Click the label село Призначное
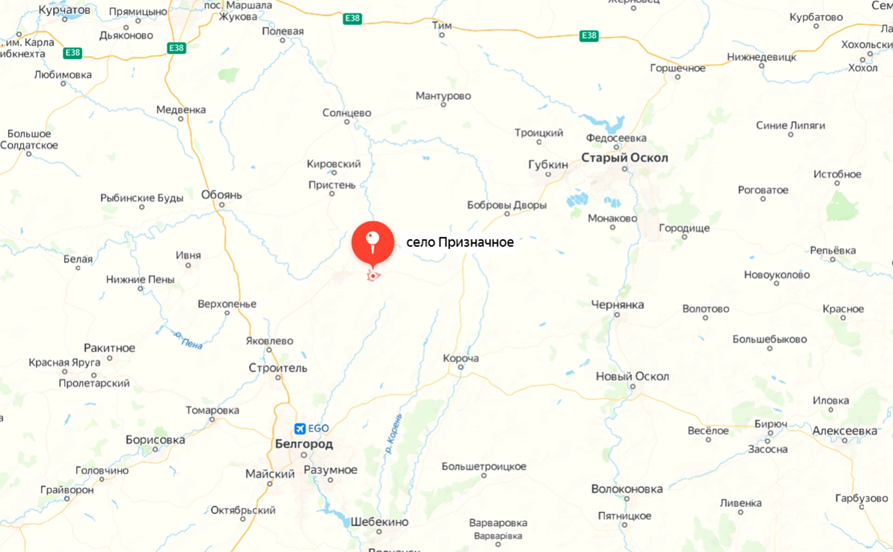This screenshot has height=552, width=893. [460, 242]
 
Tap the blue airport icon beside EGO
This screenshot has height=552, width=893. [300, 428]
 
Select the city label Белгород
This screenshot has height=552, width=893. [304, 444]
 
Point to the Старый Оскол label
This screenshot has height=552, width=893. [624, 158]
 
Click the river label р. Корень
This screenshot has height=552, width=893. [393, 434]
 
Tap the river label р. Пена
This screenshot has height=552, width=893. [188, 340]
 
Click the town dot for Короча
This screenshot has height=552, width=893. [460, 367]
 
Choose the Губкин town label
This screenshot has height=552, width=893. [548, 165]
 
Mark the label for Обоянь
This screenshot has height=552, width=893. [221, 195]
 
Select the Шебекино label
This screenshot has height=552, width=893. [379, 522]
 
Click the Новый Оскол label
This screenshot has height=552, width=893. [632, 376]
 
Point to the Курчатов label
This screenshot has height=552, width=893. [64, 10]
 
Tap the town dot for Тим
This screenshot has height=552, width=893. [442, 35]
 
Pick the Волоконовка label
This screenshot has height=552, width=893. [626, 489]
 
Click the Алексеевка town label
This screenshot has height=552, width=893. [844, 431]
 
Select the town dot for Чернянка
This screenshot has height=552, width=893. [617, 315]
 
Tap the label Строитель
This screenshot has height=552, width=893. [278, 368]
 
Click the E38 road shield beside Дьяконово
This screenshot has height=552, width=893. [176, 48]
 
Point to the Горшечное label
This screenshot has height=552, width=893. [677, 68]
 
